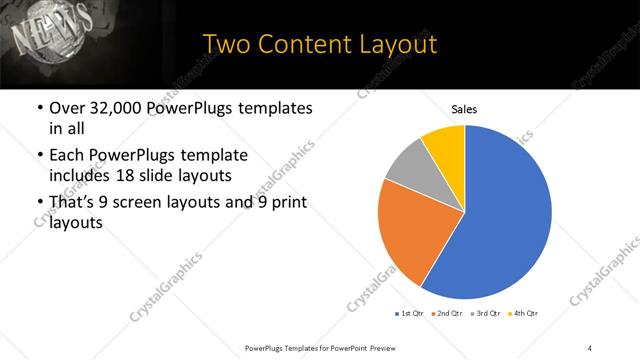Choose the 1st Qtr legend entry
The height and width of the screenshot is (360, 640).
(x=410, y=314)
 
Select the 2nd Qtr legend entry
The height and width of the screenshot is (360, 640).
(x=447, y=314)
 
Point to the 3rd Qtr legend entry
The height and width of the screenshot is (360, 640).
(x=484, y=314)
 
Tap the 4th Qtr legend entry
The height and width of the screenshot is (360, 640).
(x=522, y=314)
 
